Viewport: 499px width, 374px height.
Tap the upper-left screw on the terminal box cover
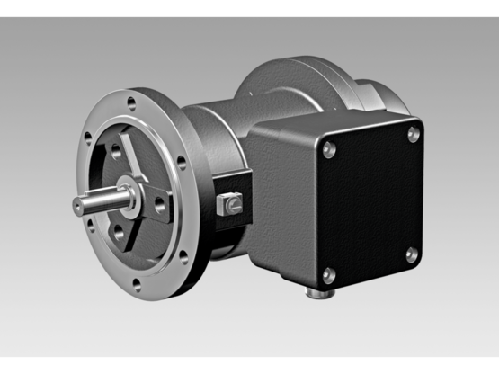tap(328, 150)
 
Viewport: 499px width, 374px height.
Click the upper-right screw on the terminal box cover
tap(413, 134)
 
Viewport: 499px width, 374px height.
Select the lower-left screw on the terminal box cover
tap(328, 273)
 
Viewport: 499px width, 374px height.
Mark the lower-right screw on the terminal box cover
tap(411, 254)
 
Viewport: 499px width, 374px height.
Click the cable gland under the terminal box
tap(316, 292)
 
